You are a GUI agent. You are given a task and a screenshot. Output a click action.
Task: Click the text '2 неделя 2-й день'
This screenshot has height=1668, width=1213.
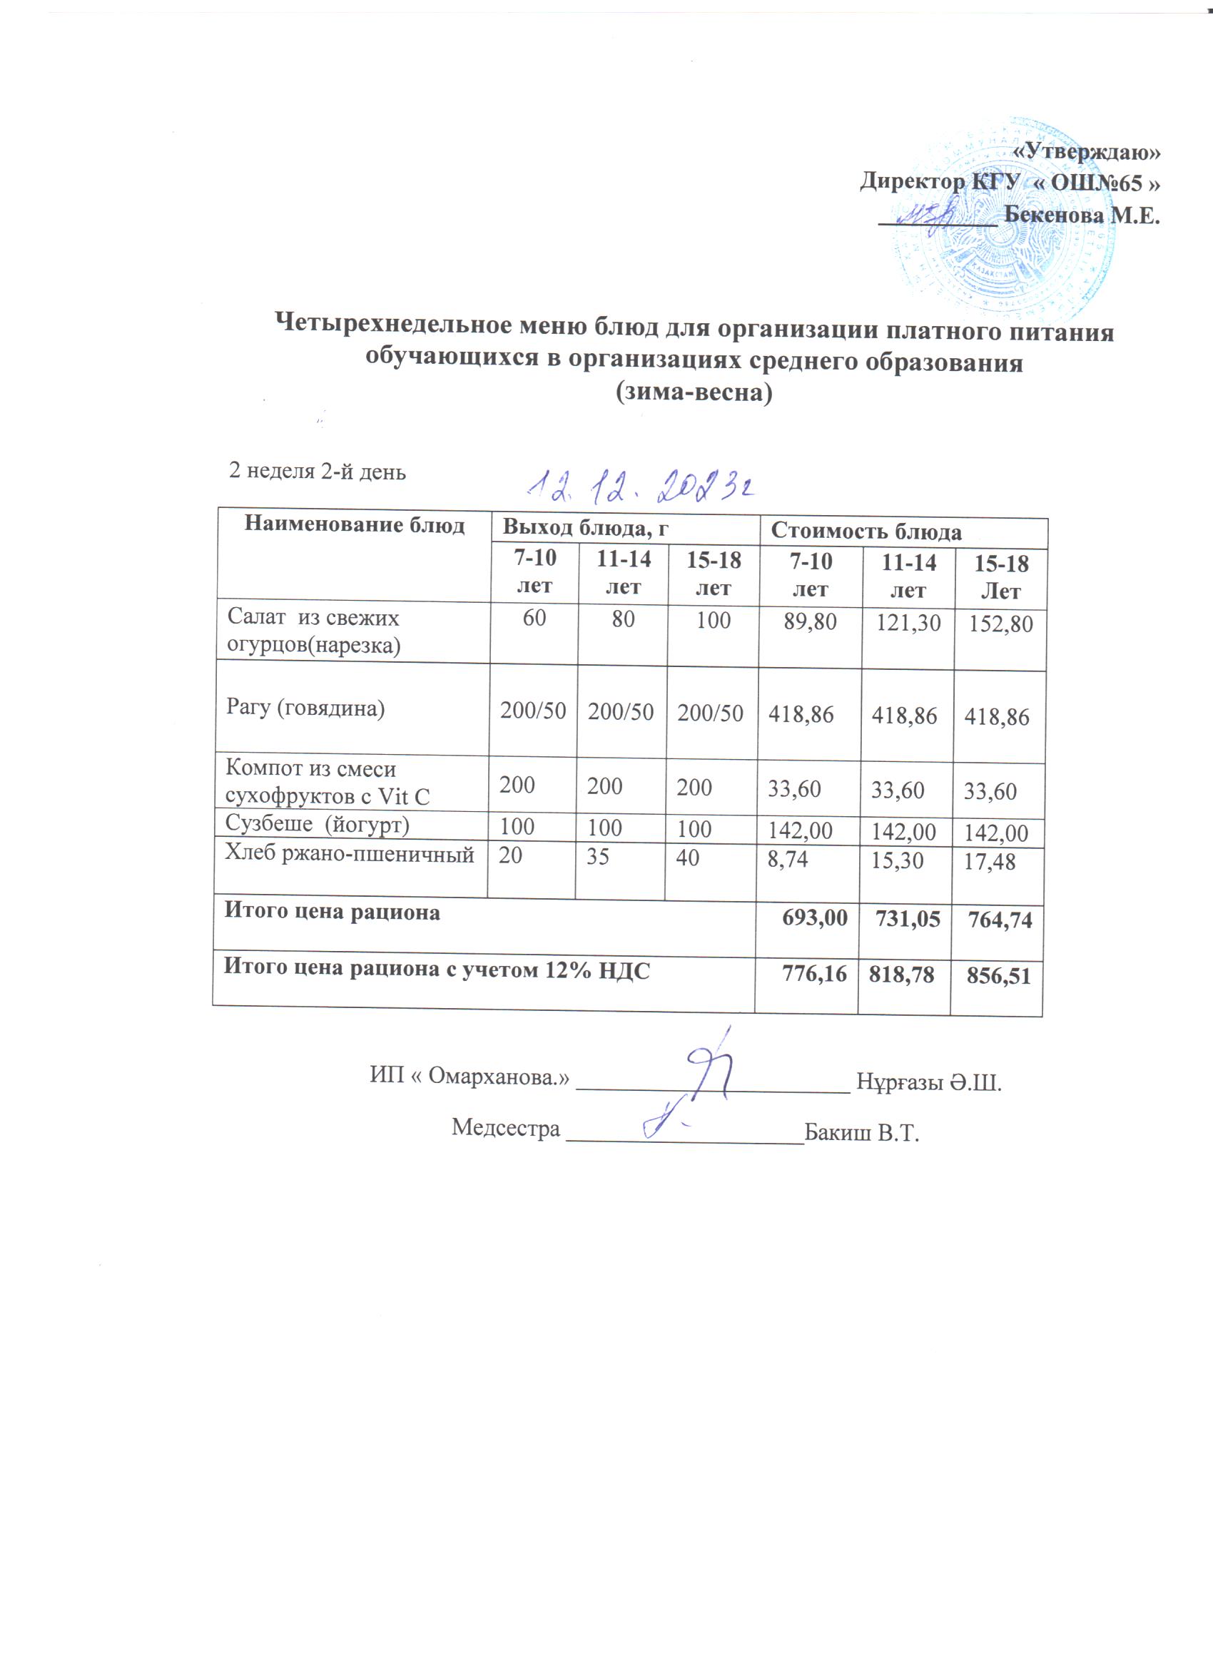[x=317, y=471]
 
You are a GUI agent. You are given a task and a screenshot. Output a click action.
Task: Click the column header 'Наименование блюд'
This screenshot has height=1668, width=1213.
[x=354, y=524]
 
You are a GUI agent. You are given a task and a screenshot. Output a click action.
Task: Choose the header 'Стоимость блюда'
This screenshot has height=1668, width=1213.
[x=866, y=531]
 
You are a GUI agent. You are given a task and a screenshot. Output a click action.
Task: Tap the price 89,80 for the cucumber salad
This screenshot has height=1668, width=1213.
[x=810, y=622]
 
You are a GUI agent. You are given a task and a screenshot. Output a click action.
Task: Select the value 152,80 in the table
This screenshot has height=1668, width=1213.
[x=1000, y=624]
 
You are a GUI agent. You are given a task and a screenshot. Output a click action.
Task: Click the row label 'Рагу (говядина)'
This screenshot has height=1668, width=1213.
[x=305, y=708]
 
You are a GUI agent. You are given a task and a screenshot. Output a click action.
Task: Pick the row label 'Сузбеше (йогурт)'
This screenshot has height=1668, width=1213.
[x=317, y=824]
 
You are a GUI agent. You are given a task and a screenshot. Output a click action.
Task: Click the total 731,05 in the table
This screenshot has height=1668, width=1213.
[x=908, y=919]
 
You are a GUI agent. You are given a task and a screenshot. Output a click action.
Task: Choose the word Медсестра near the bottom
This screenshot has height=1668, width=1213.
[x=505, y=1127]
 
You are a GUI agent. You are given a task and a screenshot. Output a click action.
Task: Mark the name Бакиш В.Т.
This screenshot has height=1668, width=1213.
[x=861, y=1133]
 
